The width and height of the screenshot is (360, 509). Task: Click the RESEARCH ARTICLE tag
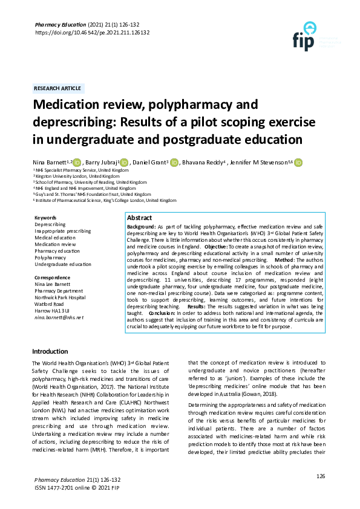pos(59,88)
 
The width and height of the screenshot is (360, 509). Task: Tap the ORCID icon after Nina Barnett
pos(77,162)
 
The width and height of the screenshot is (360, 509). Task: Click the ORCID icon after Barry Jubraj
pos(125,162)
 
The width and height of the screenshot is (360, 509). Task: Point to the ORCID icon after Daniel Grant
pos(174,162)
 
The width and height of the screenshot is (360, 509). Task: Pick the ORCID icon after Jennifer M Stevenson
pos(298,162)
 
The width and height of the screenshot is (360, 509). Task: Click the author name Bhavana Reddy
pos(205,162)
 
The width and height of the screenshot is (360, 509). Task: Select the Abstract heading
pos(139,218)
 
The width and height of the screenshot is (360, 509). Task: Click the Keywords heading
pos(45,218)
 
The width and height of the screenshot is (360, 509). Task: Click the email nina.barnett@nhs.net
pos(59,317)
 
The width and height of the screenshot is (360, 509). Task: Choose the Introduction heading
pos(50,351)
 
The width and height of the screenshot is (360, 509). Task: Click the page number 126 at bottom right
pos(321,477)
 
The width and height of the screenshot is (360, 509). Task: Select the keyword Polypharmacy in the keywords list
pos(50,258)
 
